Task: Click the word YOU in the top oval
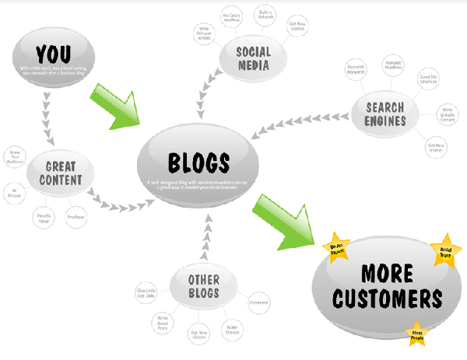52,54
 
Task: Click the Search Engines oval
386,114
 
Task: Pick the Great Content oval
59,173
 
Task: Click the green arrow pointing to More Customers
279,222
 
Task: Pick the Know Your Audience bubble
14,155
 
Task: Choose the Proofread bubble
76,216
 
